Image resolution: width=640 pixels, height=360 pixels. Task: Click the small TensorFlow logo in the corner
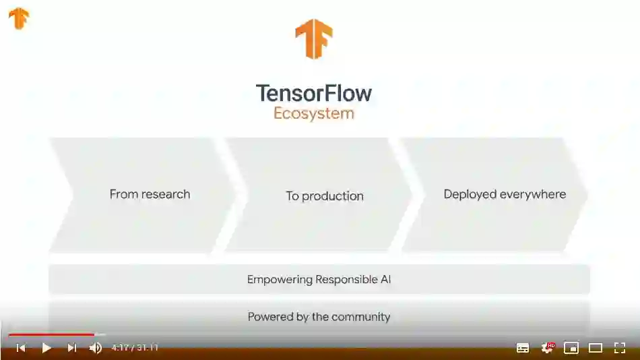[x=19, y=18]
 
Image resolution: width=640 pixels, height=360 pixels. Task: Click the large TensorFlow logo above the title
[x=314, y=38]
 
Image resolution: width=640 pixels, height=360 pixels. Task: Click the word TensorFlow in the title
[x=314, y=92]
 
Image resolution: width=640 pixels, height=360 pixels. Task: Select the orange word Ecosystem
[x=314, y=113]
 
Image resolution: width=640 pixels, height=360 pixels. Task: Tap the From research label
[x=150, y=194]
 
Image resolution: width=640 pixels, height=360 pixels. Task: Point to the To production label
[x=325, y=196]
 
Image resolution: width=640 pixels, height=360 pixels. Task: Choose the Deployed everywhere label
[x=505, y=194]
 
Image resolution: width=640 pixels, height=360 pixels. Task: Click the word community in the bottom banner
[x=360, y=317]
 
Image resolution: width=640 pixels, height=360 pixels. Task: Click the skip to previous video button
[x=21, y=348]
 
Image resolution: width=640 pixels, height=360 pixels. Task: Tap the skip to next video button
[x=71, y=348]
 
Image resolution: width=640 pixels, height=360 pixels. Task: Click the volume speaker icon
[x=96, y=348]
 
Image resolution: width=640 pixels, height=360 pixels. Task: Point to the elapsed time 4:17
[x=119, y=348]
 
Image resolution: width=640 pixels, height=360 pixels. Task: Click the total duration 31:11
[x=148, y=348]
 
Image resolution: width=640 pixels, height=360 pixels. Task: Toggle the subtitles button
[x=523, y=348]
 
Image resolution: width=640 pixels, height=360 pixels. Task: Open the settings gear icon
[x=547, y=348]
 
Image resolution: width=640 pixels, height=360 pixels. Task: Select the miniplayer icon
[x=571, y=348]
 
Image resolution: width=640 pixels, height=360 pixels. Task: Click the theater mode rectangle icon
[x=596, y=348]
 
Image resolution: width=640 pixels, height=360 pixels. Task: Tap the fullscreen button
[x=620, y=348]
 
